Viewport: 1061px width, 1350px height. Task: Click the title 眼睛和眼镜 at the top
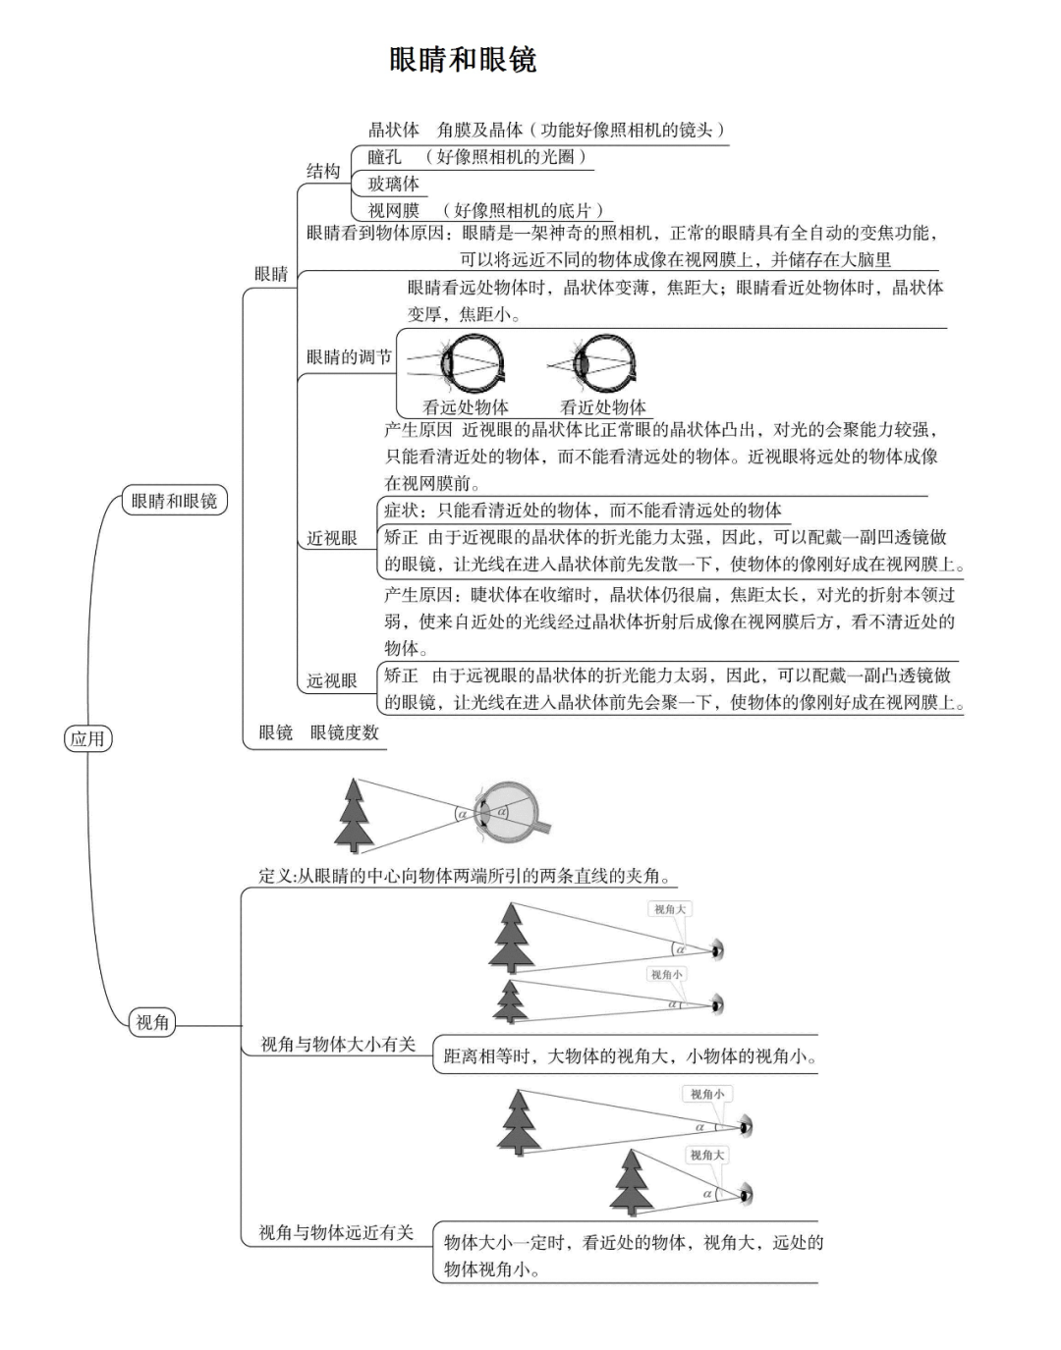click(463, 60)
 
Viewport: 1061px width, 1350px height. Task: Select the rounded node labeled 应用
click(87, 738)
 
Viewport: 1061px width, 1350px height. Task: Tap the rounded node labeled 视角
click(152, 1023)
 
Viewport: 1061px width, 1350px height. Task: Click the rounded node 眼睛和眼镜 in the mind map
click(174, 501)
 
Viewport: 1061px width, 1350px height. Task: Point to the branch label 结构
click(323, 172)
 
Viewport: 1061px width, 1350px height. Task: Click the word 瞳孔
click(385, 157)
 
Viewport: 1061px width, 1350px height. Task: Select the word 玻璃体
click(393, 184)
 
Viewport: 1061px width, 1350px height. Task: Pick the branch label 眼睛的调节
click(349, 357)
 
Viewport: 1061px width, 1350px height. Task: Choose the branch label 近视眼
click(332, 538)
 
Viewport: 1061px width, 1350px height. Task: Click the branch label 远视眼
click(332, 680)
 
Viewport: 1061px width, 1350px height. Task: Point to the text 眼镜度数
click(344, 732)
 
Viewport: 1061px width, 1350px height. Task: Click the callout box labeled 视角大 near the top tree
click(670, 910)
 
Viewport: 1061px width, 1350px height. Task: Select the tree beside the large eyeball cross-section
click(354, 814)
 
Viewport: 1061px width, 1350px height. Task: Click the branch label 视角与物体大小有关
click(337, 1045)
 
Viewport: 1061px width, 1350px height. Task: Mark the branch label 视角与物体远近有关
click(336, 1233)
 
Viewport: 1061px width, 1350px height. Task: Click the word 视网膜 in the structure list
click(394, 210)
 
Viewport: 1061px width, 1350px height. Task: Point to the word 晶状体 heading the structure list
click(394, 130)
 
